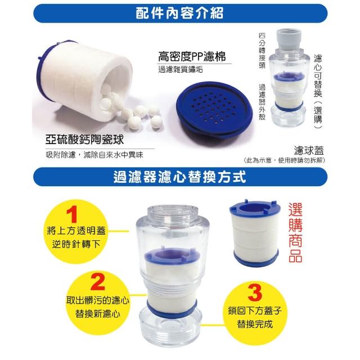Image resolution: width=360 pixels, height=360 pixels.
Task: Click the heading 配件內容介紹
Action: pyautogui.click(x=179, y=13)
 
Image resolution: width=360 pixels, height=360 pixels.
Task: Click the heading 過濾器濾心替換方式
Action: pyautogui.click(x=180, y=177)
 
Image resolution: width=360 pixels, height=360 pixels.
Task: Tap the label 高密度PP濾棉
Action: pyautogui.click(x=192, y=56)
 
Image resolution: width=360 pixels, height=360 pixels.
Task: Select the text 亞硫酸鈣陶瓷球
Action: pyautogui.click(x=85, y=139)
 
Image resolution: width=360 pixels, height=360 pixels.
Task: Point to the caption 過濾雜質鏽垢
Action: pyautogui.click(x=181, y=69)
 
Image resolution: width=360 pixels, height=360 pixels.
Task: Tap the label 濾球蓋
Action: pyautogui.click(x=309, y=150)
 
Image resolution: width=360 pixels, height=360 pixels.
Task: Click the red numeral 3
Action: pyautogui.click(x=255, y=292)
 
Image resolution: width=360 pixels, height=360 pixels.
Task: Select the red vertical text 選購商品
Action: pyautogui.click(x=295, y=232)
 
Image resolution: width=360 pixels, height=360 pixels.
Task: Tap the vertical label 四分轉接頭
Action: pyautogui.click(x=262, y=51)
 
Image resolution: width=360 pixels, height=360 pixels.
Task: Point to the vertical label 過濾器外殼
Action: pyautogui.click(x=262, y=102)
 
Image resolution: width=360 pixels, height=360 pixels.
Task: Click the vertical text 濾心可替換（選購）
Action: pyautogui.click(x=318, y=92)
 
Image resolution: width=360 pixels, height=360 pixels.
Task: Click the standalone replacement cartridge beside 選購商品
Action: pyautogui.click(x=255, y=232)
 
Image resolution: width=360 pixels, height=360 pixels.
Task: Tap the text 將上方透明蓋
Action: pyautogui.click(x=76, y=231)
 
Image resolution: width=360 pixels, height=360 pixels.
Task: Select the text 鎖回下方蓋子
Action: pyautogui.click(x=255, y=310)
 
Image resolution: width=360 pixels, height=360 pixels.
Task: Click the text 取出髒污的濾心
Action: pyautogui.click(x=98, y=300)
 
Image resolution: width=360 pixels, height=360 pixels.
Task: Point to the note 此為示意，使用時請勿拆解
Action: pyautogui.click(x=285, y=160)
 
